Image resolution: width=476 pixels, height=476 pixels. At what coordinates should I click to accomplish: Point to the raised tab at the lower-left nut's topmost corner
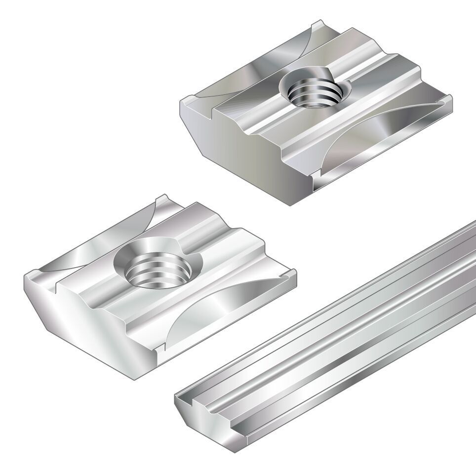click(x=163, y=199)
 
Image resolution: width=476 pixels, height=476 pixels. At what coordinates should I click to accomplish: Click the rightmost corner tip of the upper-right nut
click(x=450, y=101)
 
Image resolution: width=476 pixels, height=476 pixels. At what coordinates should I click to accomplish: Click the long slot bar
click(x=346, y=346)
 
